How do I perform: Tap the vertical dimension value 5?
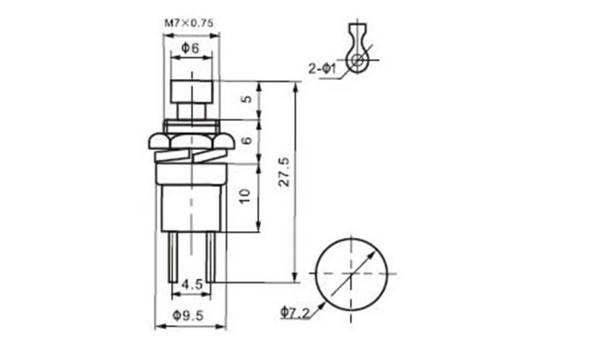click(x=246, y=100)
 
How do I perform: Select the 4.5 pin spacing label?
click(x=191, y=285)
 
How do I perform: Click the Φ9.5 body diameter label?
click(x=191, y=315)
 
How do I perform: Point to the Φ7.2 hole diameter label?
click(x=294, y=314)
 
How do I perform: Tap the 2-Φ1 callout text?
click(x=322, y=67)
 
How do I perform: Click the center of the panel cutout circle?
click(x=352, y=272)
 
